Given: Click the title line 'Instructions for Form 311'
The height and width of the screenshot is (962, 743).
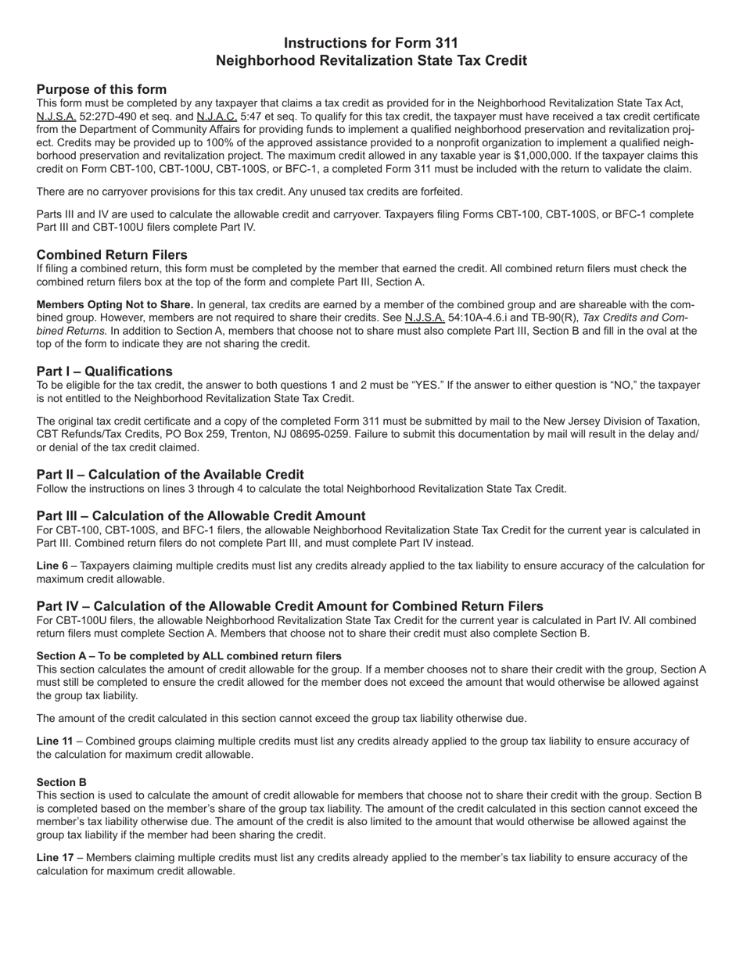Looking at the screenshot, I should [371, 43].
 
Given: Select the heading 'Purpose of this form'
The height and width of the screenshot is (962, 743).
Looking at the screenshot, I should [102, 89].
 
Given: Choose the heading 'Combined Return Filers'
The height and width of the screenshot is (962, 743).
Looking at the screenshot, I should [112, 255].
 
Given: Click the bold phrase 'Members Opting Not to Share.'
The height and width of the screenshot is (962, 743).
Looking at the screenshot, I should [115, 304].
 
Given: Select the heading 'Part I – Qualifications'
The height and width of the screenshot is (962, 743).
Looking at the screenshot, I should [105, 372].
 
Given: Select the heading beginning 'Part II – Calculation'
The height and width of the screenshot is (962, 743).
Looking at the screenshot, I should [170, 475].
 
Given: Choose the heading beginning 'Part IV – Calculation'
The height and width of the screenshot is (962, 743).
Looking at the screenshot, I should [289, 606].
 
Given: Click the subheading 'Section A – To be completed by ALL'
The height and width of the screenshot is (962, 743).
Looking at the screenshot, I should [189, 655].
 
